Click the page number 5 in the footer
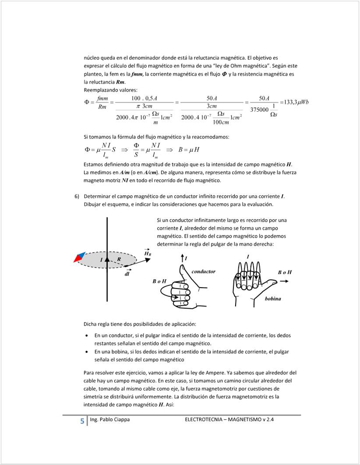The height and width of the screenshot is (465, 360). (82, 421)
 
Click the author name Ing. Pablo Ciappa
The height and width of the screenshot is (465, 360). (109, 419)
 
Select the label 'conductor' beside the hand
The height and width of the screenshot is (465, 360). (203, 271)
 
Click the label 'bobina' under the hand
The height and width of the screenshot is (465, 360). (273, 299)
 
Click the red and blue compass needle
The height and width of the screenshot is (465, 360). (79, 257)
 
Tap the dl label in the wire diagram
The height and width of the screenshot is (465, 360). (127, 274)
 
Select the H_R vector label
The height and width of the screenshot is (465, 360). (148, 252)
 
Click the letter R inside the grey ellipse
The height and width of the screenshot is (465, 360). (119, 260)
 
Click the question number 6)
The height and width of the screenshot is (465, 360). (77, 196)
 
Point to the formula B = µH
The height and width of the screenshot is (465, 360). (189, 150)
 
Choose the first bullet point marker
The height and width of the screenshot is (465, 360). (87, 336)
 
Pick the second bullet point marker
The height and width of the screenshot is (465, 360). (87, 352)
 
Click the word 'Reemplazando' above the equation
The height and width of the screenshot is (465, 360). (100, 90)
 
